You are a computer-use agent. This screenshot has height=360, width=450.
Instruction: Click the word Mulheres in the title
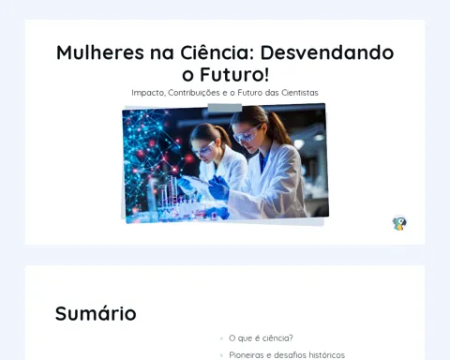pos(100,52)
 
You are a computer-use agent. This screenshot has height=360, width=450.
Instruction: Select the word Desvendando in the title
pos(327,52)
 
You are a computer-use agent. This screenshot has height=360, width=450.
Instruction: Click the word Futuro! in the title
pos(234,75)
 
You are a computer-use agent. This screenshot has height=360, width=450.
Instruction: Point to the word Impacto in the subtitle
pos(148,93)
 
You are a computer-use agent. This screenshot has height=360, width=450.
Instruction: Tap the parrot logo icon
pos(399,223)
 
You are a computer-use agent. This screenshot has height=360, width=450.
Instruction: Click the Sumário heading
pos(96,313)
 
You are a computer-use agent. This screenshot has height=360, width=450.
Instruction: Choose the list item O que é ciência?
pos(261,338)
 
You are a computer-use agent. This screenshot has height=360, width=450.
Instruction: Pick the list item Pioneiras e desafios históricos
pos(287,355)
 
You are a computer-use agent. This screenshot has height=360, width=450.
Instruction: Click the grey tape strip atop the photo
pos(225,108)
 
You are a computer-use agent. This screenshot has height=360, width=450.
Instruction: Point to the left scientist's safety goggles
pos(204,148)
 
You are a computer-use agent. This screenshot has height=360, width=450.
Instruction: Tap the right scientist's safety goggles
pos(247,133)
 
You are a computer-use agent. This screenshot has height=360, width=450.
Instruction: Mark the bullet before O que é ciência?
pos(221,338)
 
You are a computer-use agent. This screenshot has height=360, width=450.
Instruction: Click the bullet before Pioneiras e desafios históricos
pos(221,355)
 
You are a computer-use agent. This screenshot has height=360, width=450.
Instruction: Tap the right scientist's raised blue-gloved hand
pos(219,187)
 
